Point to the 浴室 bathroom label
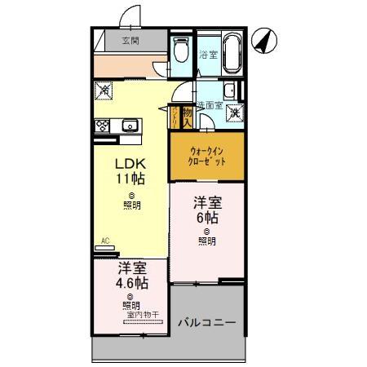pyautogui.click(x=209, y=55)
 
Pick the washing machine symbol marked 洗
pyautogui.click(x=234, y=113)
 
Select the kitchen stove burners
pyautogui.click(x=104, y=126)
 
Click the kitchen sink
pyautogui.click(x=129, y=126)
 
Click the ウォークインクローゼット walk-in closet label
pyautogui.click(x=206, y=157)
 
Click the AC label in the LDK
pyautogui.click(x=104, y=241)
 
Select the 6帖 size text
pyautogui.click(x=206, y=218)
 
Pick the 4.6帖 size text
pyautogui.click(x=130, y=283)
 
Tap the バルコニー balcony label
pyautogui.click(x=207, y=323)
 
